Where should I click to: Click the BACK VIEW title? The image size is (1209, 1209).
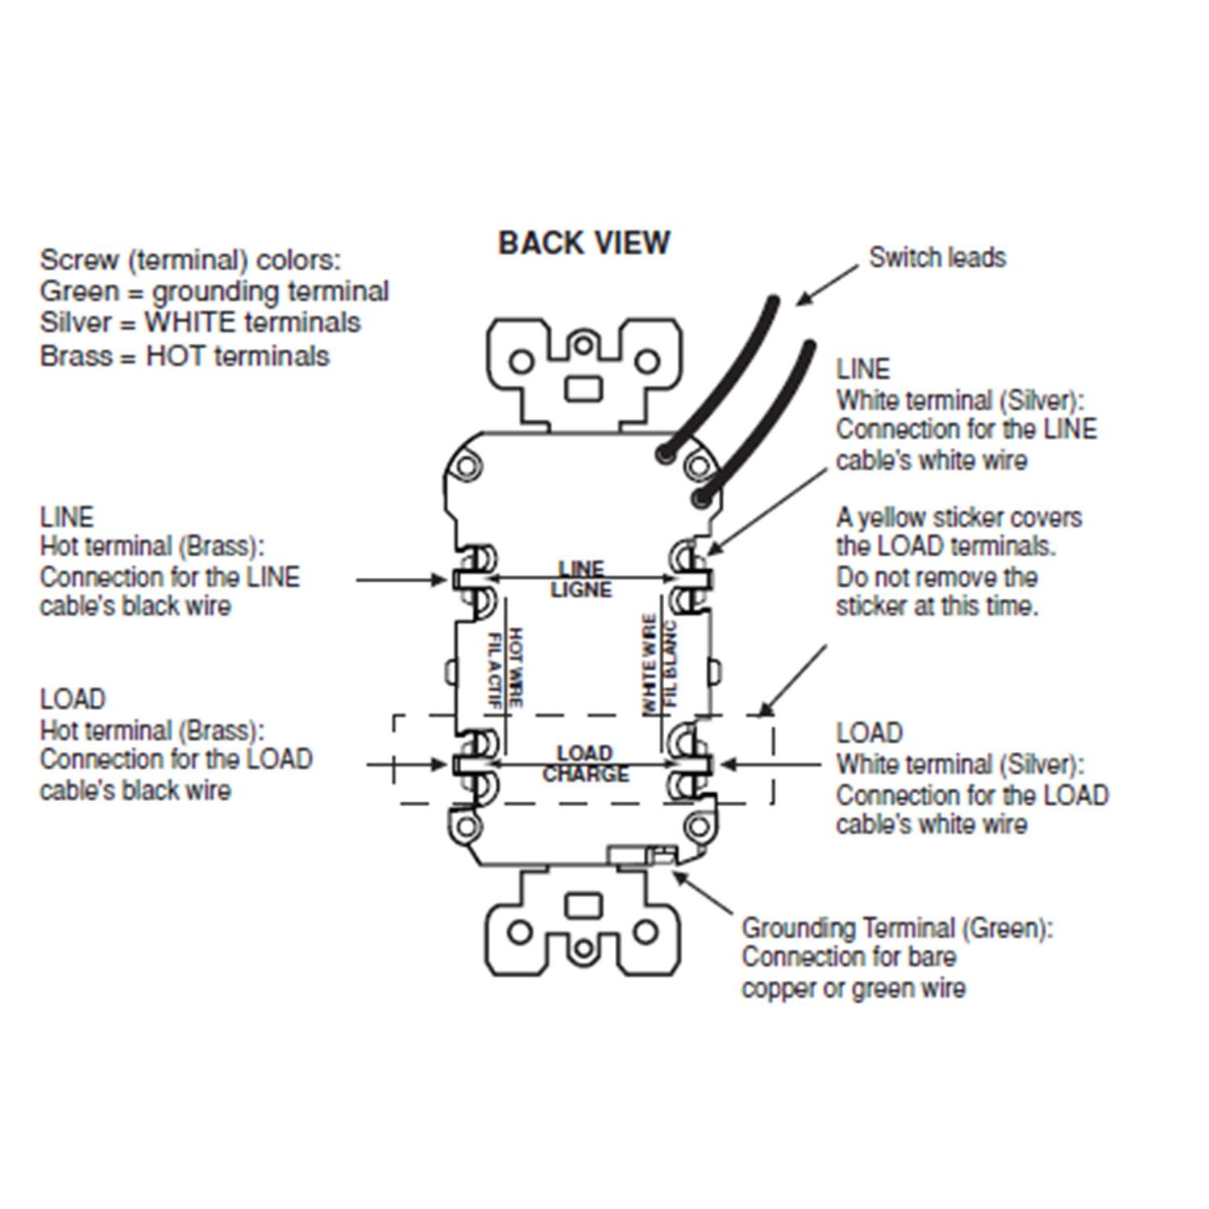pos(584,243)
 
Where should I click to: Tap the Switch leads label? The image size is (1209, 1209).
pos(937,258)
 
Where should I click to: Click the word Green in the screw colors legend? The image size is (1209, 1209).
pos(79,291)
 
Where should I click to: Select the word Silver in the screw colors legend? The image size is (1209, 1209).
pos(75,322)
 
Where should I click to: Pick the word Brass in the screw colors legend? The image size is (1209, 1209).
pos(76,355)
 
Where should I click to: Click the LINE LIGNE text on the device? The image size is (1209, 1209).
pos(581,580)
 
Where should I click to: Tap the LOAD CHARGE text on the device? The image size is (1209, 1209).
pos(584,763)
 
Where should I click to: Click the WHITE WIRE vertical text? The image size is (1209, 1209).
pos(649,663)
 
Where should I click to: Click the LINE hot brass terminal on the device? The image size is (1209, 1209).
pos(472,579)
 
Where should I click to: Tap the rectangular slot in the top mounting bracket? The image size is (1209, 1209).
pos(584,388)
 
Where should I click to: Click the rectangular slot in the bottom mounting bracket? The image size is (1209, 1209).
pos(583,905)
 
